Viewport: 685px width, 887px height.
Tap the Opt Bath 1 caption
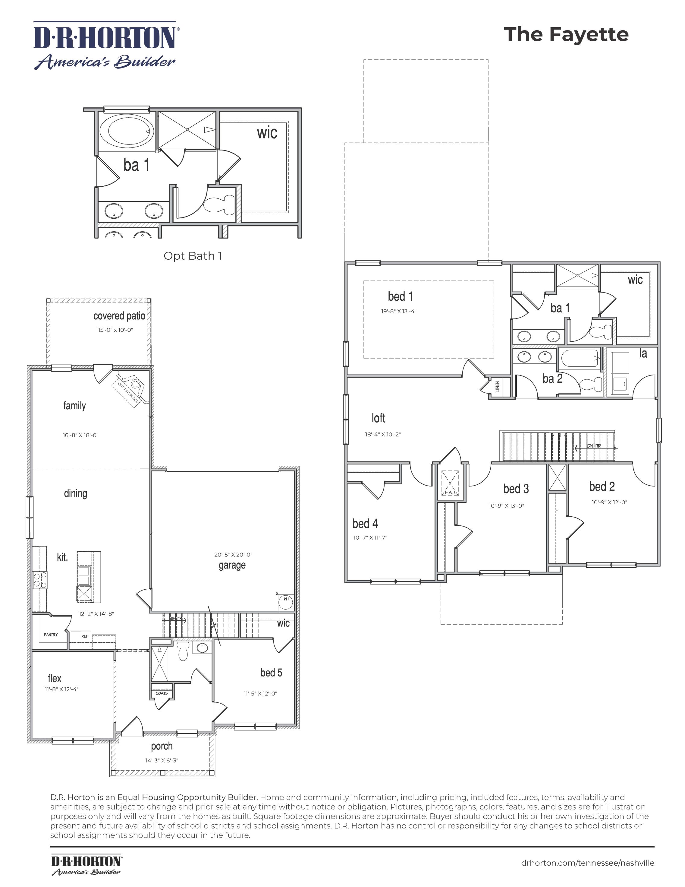coord(193,256)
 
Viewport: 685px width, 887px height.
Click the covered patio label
coord(119,316)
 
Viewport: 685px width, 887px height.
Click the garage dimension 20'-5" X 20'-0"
coord(233,554)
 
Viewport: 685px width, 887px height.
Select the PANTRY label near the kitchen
coord(51,634)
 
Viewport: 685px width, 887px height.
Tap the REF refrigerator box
coord(84,636)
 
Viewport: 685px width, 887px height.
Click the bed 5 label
coord(271,673)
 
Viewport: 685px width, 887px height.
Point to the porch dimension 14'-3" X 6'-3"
coord(162,760)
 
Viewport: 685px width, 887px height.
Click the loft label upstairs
coord(378,418)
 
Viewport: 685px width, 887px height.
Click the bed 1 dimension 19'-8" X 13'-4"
coord(399,312)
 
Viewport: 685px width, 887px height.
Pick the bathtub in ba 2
coord(580,358)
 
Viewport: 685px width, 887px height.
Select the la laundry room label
coord(643,353)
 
